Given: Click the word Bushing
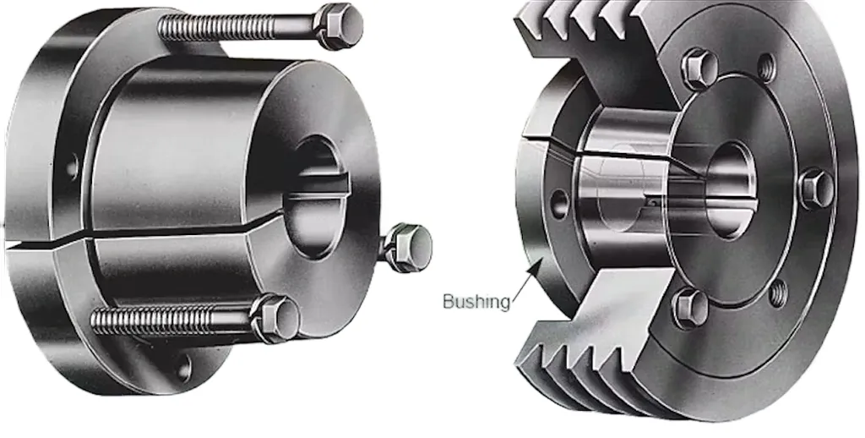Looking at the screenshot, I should (476, 301).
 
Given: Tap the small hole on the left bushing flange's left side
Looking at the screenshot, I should (71, 166).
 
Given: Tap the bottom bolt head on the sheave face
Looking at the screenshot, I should (689, 307).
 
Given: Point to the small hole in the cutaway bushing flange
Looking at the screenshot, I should (558, 203).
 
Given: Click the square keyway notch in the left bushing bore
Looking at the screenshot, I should (328, 182).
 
